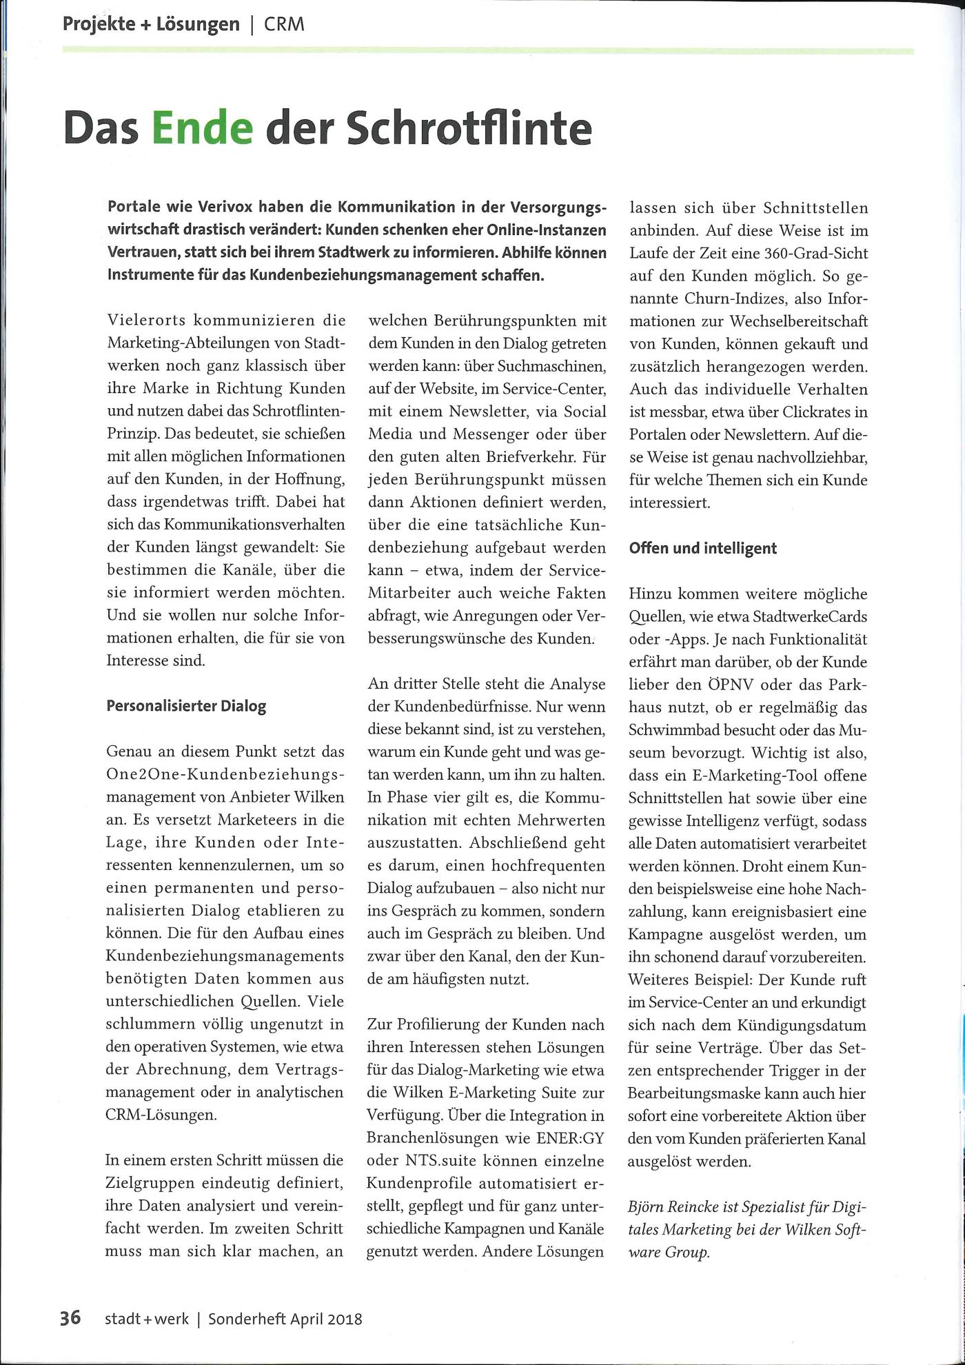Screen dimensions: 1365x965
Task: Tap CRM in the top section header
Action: pos(284,25)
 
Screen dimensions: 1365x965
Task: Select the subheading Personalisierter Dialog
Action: pos(185,706)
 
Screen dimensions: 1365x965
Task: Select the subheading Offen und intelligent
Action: pos(702,548)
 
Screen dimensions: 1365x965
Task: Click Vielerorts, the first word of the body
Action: pos(145,321)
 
